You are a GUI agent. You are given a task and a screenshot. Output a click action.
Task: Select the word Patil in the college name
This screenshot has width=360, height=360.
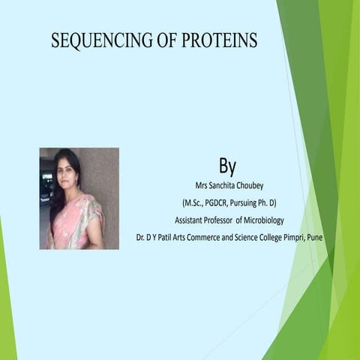158,238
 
